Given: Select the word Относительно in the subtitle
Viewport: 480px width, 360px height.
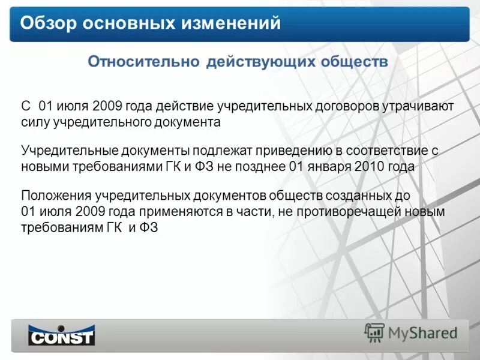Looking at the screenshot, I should pyautogui.click(x=143, y=62).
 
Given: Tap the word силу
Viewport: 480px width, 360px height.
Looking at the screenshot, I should pyautogui.click(x=35, y=122).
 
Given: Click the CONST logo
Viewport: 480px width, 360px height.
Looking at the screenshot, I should pyautogui.click(x=62, y=334).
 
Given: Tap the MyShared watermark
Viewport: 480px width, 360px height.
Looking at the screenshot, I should pyautogui.click(x=411, y=332).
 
